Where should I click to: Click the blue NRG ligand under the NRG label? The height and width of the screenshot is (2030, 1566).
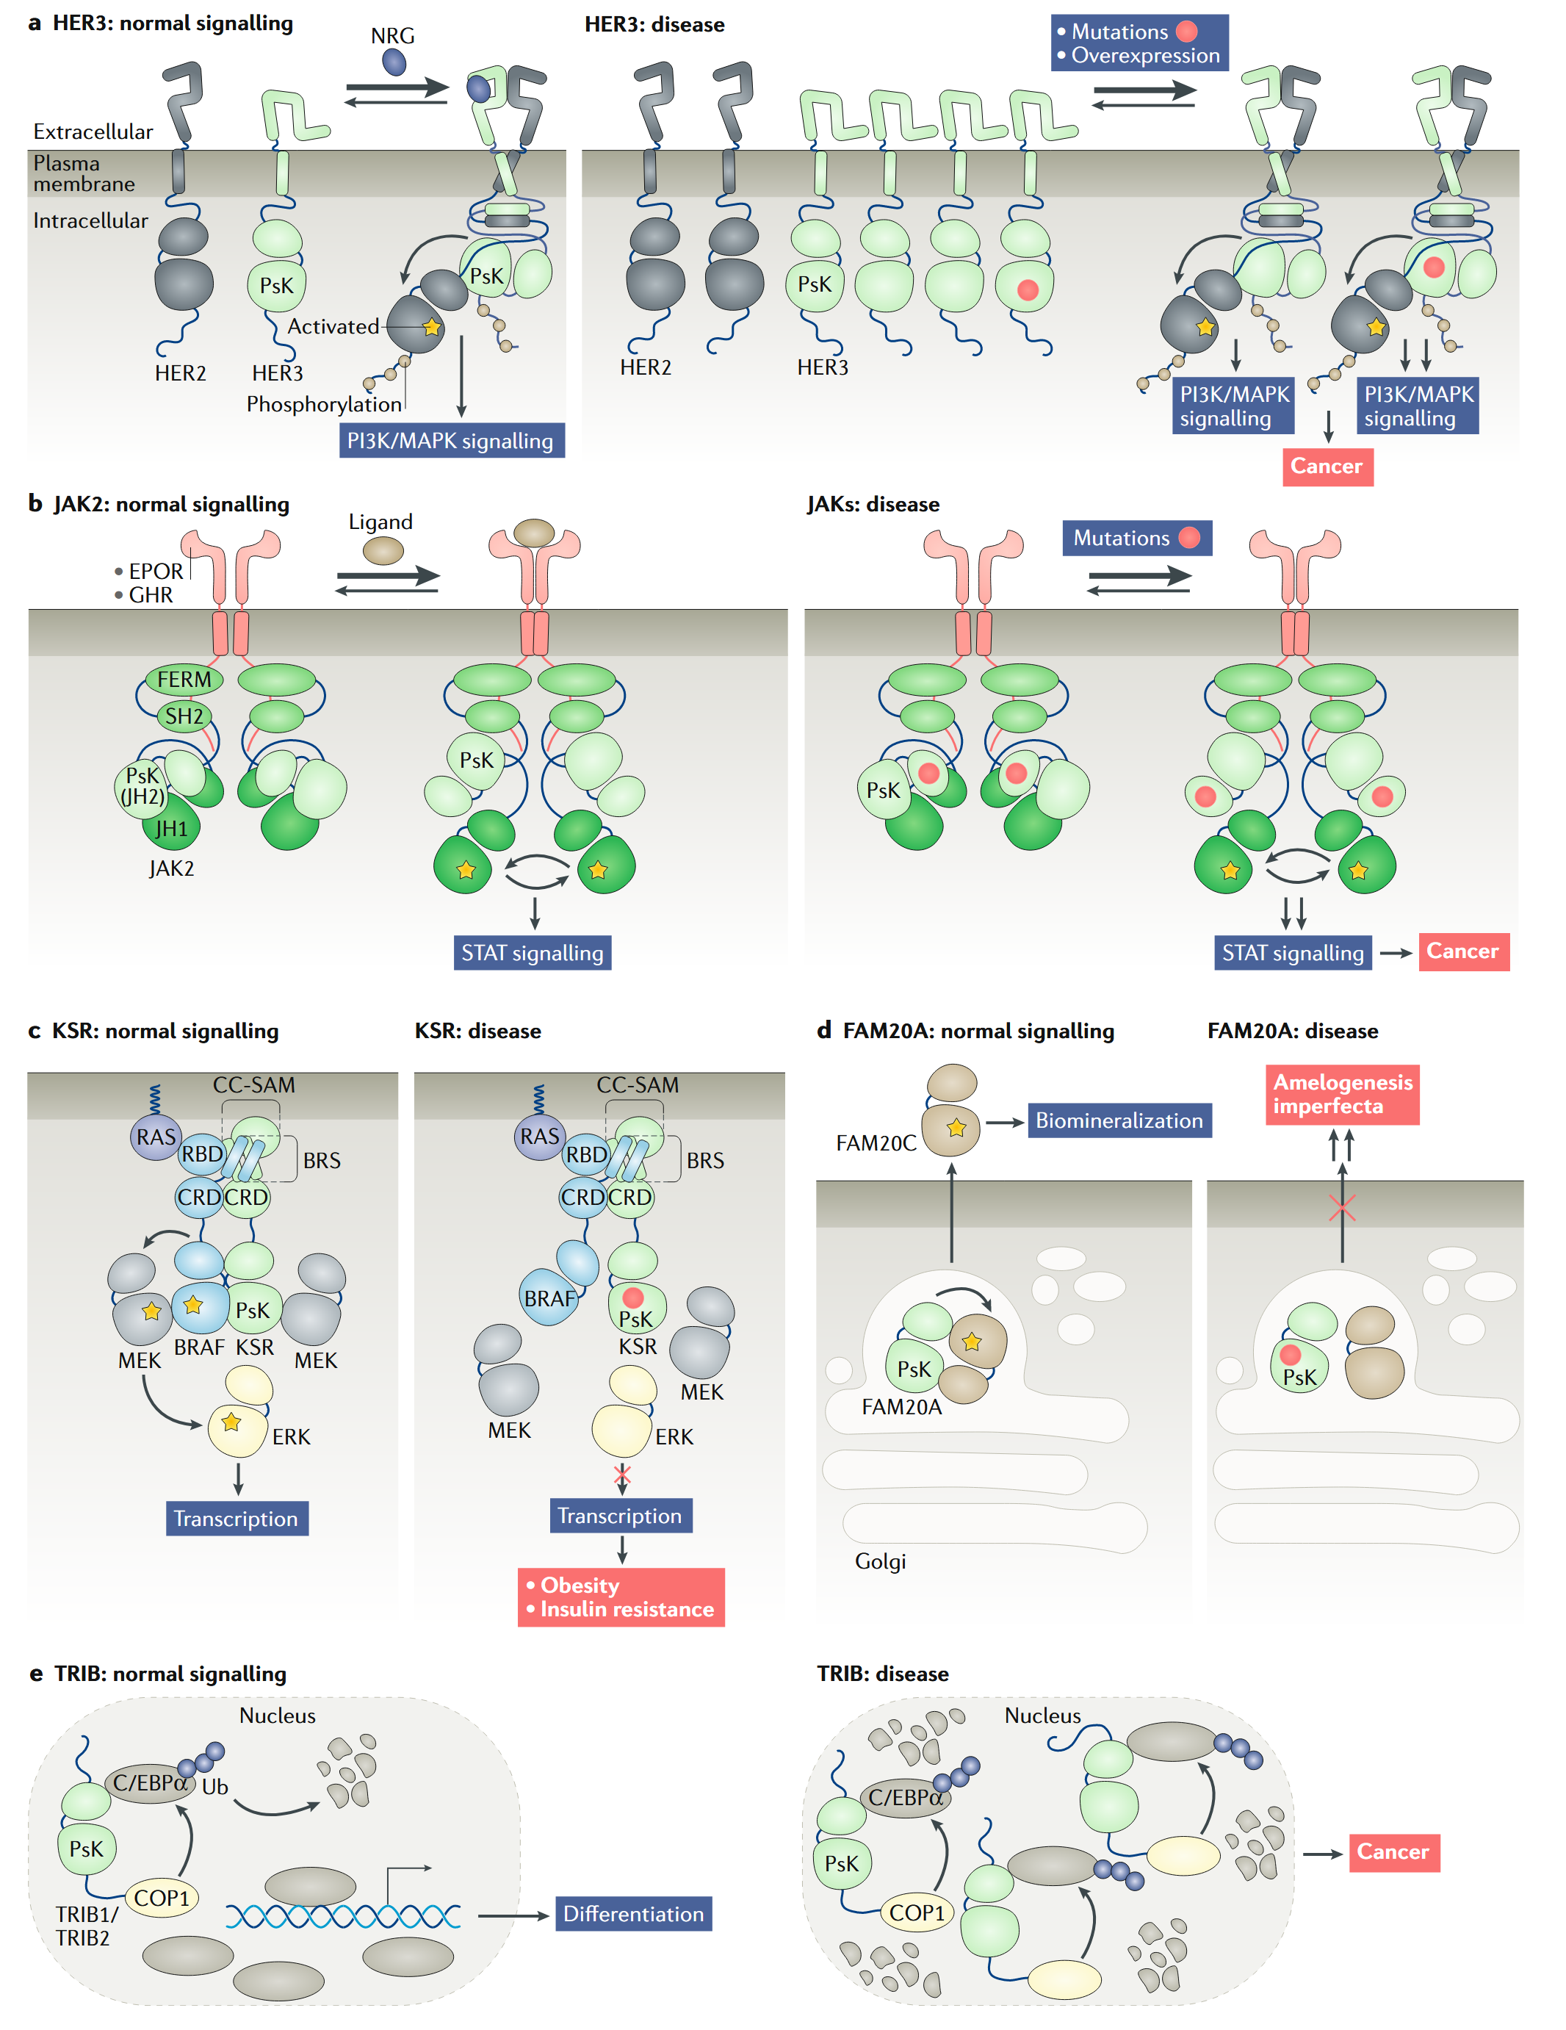(394, 62)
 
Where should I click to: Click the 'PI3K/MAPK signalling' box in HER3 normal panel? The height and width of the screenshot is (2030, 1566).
(451, 441)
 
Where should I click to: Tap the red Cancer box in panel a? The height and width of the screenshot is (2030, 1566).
(1327, 466)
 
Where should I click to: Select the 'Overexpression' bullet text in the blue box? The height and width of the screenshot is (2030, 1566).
(1145, 56)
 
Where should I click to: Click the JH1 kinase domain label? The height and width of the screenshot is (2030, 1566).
(171, 828)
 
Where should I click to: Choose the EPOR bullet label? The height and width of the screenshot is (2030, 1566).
(154, 571)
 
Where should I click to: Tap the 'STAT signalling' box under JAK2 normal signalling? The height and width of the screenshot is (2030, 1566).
(532, 953)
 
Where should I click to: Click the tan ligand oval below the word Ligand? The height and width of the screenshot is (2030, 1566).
(382, 550)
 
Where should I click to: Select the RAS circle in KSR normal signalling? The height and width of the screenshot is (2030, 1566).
(155, 1137)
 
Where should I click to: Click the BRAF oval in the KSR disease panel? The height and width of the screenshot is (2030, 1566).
(549, 1297)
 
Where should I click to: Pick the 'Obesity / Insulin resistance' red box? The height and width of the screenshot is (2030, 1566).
(621, 1597)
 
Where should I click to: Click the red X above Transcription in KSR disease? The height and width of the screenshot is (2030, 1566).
(621, 1474)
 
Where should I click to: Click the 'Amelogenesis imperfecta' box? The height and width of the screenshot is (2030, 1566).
(1341, 1094)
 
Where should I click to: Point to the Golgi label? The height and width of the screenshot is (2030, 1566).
(879, 1561)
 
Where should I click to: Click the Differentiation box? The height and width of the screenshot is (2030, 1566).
(633, 1914)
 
